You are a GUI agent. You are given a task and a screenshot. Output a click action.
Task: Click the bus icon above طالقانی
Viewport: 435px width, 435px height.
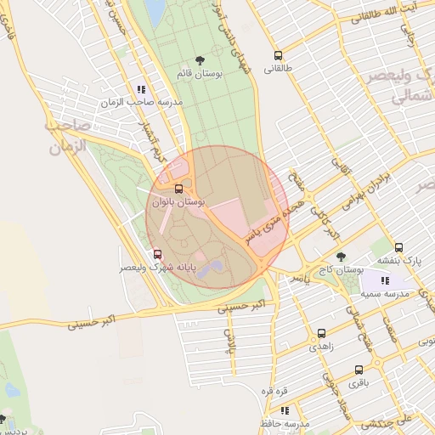(278, 56)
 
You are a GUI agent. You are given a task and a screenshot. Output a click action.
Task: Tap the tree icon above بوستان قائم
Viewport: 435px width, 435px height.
(200, 60)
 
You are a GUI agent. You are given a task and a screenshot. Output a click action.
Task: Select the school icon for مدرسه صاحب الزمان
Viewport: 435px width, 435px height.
(141, 88)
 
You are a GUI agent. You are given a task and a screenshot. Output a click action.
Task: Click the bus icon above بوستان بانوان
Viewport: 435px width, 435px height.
(178, 189)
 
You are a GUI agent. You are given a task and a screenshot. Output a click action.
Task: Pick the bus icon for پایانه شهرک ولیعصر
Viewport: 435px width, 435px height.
(157, 254)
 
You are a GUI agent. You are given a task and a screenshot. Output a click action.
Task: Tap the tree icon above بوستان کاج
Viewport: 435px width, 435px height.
(341, 256)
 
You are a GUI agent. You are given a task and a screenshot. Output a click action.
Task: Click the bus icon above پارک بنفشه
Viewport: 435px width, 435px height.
(399, 247)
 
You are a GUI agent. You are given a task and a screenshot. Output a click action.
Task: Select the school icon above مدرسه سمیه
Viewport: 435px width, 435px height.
(385, 280)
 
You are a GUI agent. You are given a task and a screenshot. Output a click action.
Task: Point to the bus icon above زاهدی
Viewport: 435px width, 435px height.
(321, 333)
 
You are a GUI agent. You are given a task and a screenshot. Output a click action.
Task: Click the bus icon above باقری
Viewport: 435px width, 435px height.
(359, 370)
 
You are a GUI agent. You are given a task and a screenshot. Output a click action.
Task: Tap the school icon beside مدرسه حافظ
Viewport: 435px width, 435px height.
(284, 410)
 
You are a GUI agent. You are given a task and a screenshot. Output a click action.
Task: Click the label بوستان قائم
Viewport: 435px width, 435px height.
(200, 75)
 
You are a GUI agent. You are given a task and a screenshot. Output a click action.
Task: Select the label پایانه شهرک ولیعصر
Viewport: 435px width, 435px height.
(159, 268)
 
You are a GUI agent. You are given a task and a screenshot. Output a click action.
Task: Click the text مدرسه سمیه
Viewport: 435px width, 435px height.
(385, 293)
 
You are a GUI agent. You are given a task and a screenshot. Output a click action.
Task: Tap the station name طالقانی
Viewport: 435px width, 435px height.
(278, 70)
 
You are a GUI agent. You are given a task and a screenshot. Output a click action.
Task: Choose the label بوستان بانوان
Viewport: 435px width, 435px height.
(178, 202)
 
